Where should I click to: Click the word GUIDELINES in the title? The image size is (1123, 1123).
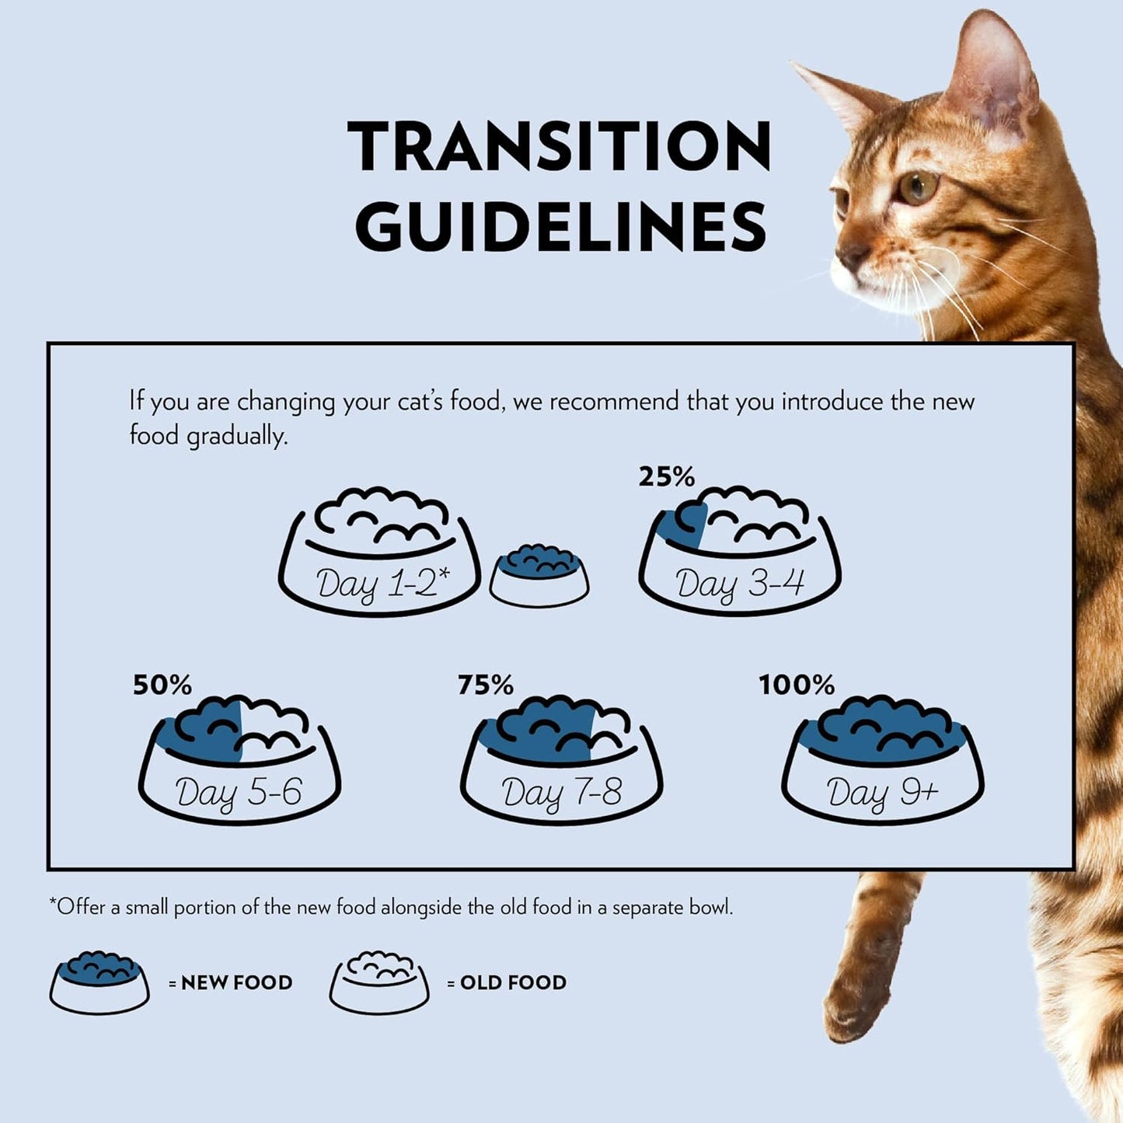tap(561, 226)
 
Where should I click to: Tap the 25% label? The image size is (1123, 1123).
tap(667, 476)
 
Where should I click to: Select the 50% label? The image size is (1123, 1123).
tap(162, 685)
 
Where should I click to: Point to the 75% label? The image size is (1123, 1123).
tap(486, 685)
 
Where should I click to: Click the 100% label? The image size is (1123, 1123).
tap(797, 685)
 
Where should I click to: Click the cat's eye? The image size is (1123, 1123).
tap(918, 187)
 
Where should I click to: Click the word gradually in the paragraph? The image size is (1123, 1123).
tap(237, 437)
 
